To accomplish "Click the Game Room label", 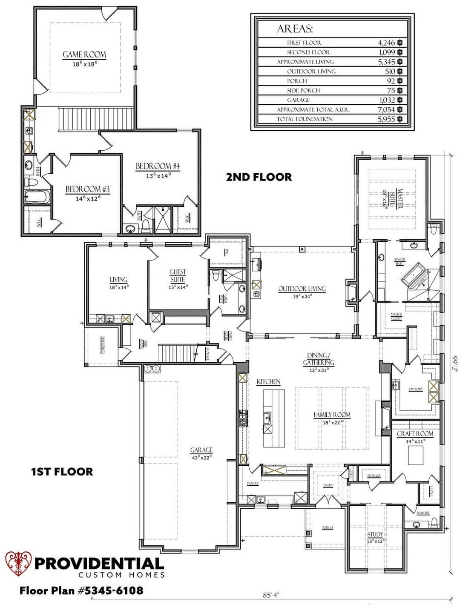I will [x=84, y=54].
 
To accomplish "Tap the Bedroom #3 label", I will [x=88, y=189].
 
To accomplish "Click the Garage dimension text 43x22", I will [x=201, y=457].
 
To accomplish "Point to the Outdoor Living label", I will [x=302, y=289].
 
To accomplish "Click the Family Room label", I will [x=332, y=415].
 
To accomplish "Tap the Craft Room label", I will [x=415, y=434].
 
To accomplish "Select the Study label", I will [x=375, y=534].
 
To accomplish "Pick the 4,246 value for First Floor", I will [x=386, y=43].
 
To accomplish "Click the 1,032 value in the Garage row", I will [x=386, y=100].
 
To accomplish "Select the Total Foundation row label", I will [x=305, y=119].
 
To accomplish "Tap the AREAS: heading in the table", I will [x=295, y=29].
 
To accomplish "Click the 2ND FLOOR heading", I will [x=259, y=177].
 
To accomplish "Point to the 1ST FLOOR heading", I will [x=62, y=472].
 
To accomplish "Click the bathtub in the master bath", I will [x=413, y=275].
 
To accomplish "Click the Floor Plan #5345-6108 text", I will [x=81, y=590].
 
